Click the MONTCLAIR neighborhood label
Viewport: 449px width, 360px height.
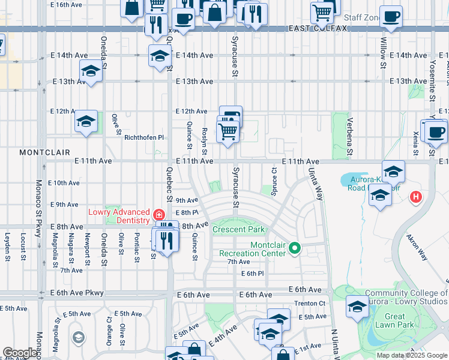(44, 152)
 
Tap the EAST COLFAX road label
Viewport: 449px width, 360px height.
(309, 28)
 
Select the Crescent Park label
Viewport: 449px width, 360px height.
(238, 230)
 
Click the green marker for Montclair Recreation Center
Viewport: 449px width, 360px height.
(294, 247)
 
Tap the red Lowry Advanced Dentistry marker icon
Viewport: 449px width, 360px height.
(158, 215)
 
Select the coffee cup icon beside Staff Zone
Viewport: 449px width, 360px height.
(391, 17)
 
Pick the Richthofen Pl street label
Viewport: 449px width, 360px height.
(144, 137)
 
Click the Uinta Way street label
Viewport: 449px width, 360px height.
(316, 184)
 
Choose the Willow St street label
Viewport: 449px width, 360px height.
(383, 52)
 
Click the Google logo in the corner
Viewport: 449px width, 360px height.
(20, 353)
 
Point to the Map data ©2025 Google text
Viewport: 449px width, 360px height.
(412, 355)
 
